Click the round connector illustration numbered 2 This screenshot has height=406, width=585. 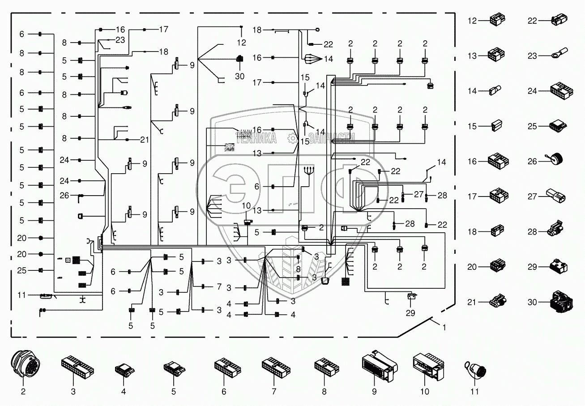[x=23, y=365]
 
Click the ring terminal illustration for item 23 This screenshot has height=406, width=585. [x=558, y=55]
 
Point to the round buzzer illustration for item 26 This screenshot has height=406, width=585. [x=556, y=160]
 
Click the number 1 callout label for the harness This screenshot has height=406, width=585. [x=444, y=327]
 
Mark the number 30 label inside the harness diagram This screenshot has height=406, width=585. [x=240, y=76]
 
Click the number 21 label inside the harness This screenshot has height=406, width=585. [x=144, y=140]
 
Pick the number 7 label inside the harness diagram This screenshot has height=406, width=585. [x=219, y=286]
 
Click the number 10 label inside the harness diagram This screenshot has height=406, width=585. [x=247, y=205]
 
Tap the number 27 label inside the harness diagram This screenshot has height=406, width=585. [x=418, y=194]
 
